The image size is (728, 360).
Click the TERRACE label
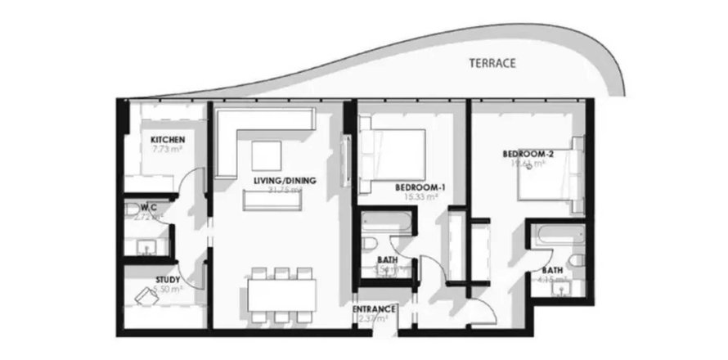pos(492,63)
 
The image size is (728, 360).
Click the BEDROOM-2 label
pos(524,153)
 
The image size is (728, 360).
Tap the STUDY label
pos(168,280)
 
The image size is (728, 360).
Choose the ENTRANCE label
pos(375,309)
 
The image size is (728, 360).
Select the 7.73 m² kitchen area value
pos(167,150)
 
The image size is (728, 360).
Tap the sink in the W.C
pos(148,245)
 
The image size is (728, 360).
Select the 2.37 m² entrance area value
pos(375,319)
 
